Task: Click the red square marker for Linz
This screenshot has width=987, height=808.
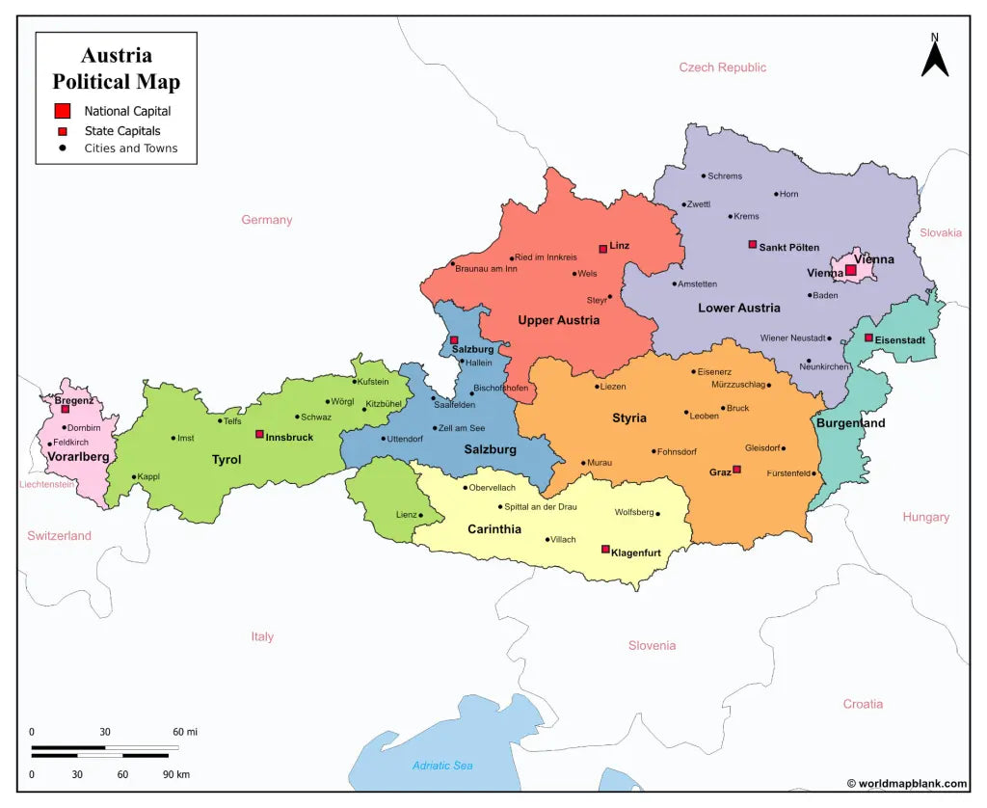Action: coord(603,249)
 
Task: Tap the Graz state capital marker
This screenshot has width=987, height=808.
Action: coord(736,470)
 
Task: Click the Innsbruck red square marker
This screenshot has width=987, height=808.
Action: coord(259,434)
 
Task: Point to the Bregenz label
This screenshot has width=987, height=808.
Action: coord(73,399)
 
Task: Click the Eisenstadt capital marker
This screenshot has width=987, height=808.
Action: coord(868,337)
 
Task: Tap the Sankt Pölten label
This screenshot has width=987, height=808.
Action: coord(788,248)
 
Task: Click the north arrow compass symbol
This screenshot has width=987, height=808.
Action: coord(934,57)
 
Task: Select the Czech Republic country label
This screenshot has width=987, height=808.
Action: coord(722,67)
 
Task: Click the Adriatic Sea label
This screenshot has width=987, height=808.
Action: coord(442,766)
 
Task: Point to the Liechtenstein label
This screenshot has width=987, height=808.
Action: coord(46,484)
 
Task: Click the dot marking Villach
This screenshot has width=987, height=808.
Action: coord(547,540)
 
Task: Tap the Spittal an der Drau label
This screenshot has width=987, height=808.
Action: coord(540,507)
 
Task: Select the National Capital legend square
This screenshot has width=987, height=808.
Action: coord(63,110)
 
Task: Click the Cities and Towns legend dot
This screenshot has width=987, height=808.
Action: coord(63,148)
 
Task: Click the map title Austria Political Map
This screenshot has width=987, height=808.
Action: coord(116,68)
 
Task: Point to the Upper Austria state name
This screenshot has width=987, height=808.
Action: coord(558,320)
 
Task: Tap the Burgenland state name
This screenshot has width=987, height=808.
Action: coord(850,423)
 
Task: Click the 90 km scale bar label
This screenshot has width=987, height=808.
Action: coord(175,774)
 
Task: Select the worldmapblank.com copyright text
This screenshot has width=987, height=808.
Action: coord(906,784)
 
